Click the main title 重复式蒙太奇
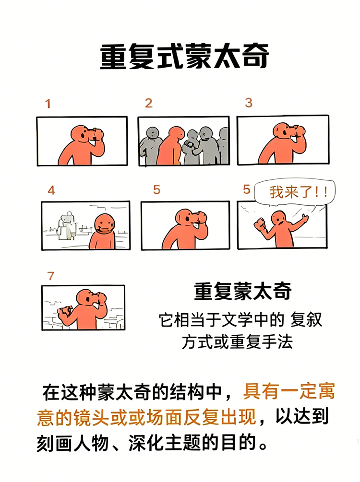point(184,57)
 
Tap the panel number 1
point(48,104)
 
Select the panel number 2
point(149,103)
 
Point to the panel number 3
point(248,103)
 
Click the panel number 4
point(51,190)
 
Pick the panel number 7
point(51,276)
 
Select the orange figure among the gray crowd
point(168,146)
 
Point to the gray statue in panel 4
point(65,225)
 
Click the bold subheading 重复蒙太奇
point(243,291)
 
